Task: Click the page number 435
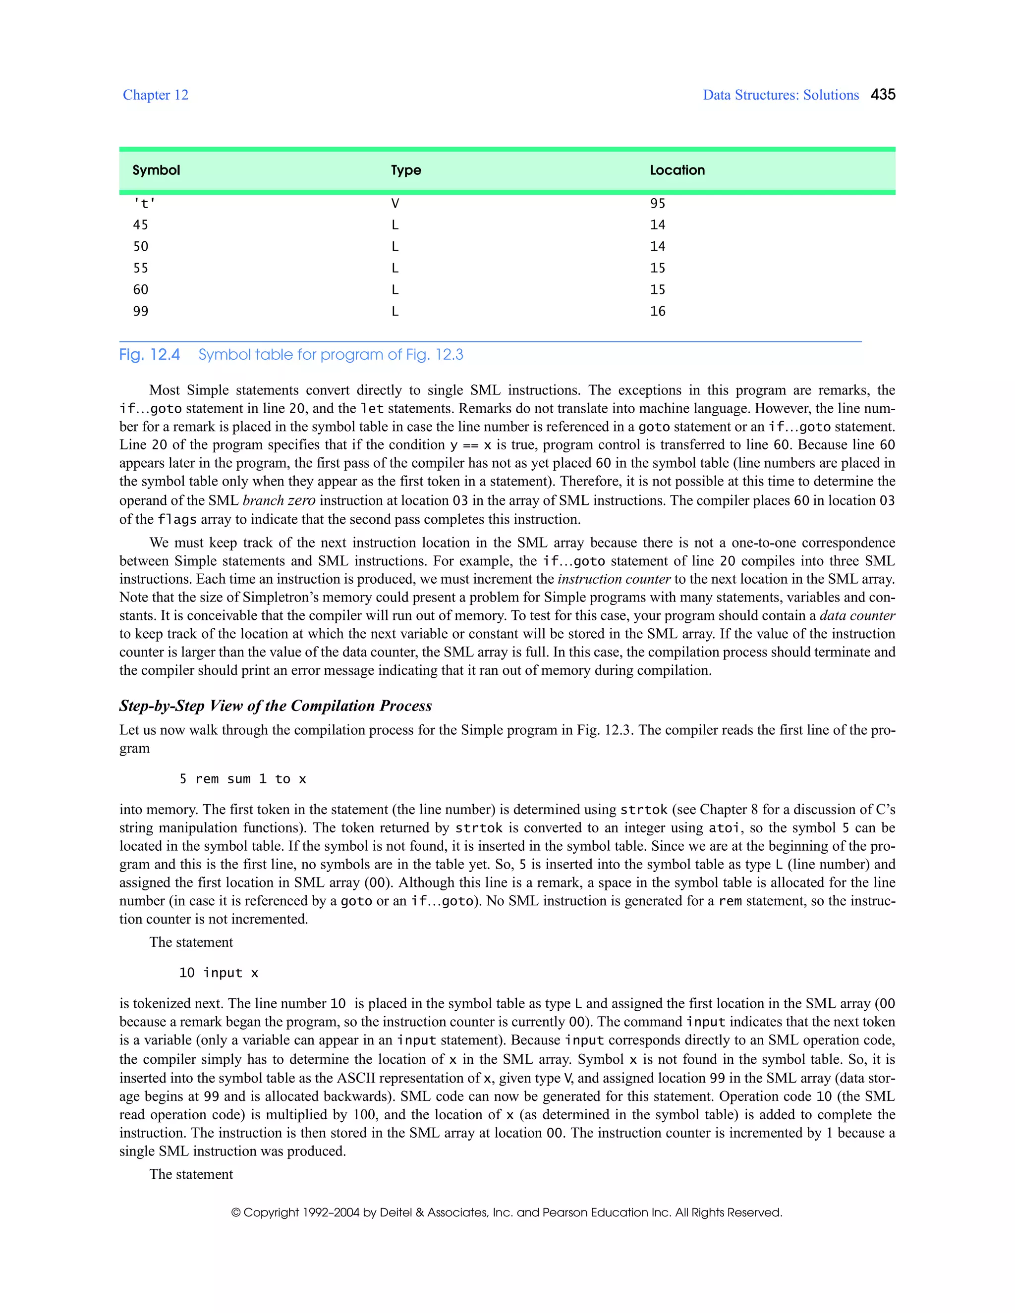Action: pos(883,94)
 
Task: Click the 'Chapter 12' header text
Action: pos(155,95)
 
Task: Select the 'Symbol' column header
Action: pos(156,170)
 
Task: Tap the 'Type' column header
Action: pos(406,170)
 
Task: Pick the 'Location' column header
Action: pos(677,170)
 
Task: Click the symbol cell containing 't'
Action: pos(144,204)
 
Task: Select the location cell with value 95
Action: pos(657,204)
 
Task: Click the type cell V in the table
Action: pos(395,204)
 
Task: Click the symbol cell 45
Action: pos(141,225)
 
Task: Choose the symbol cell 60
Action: pos(141,290)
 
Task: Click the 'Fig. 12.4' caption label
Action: pos(149,355)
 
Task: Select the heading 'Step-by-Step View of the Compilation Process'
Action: pos(276,706)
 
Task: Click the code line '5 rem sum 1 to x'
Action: pos(243,779)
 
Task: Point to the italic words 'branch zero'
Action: pos(279,501)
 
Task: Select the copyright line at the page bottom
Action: pos(507,1212)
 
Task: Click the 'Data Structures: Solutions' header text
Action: pos(781,95)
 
